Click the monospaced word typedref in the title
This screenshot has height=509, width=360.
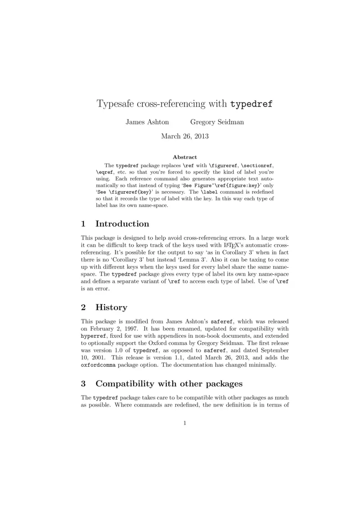click(x=251, y=104)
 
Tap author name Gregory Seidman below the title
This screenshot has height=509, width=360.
click(x=217, y=122)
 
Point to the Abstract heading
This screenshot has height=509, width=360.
click(x=184, y=157)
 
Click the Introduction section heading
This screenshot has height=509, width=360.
click(x=122, y=224)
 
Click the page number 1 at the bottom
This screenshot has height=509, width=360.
click(x=184, y=423)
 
